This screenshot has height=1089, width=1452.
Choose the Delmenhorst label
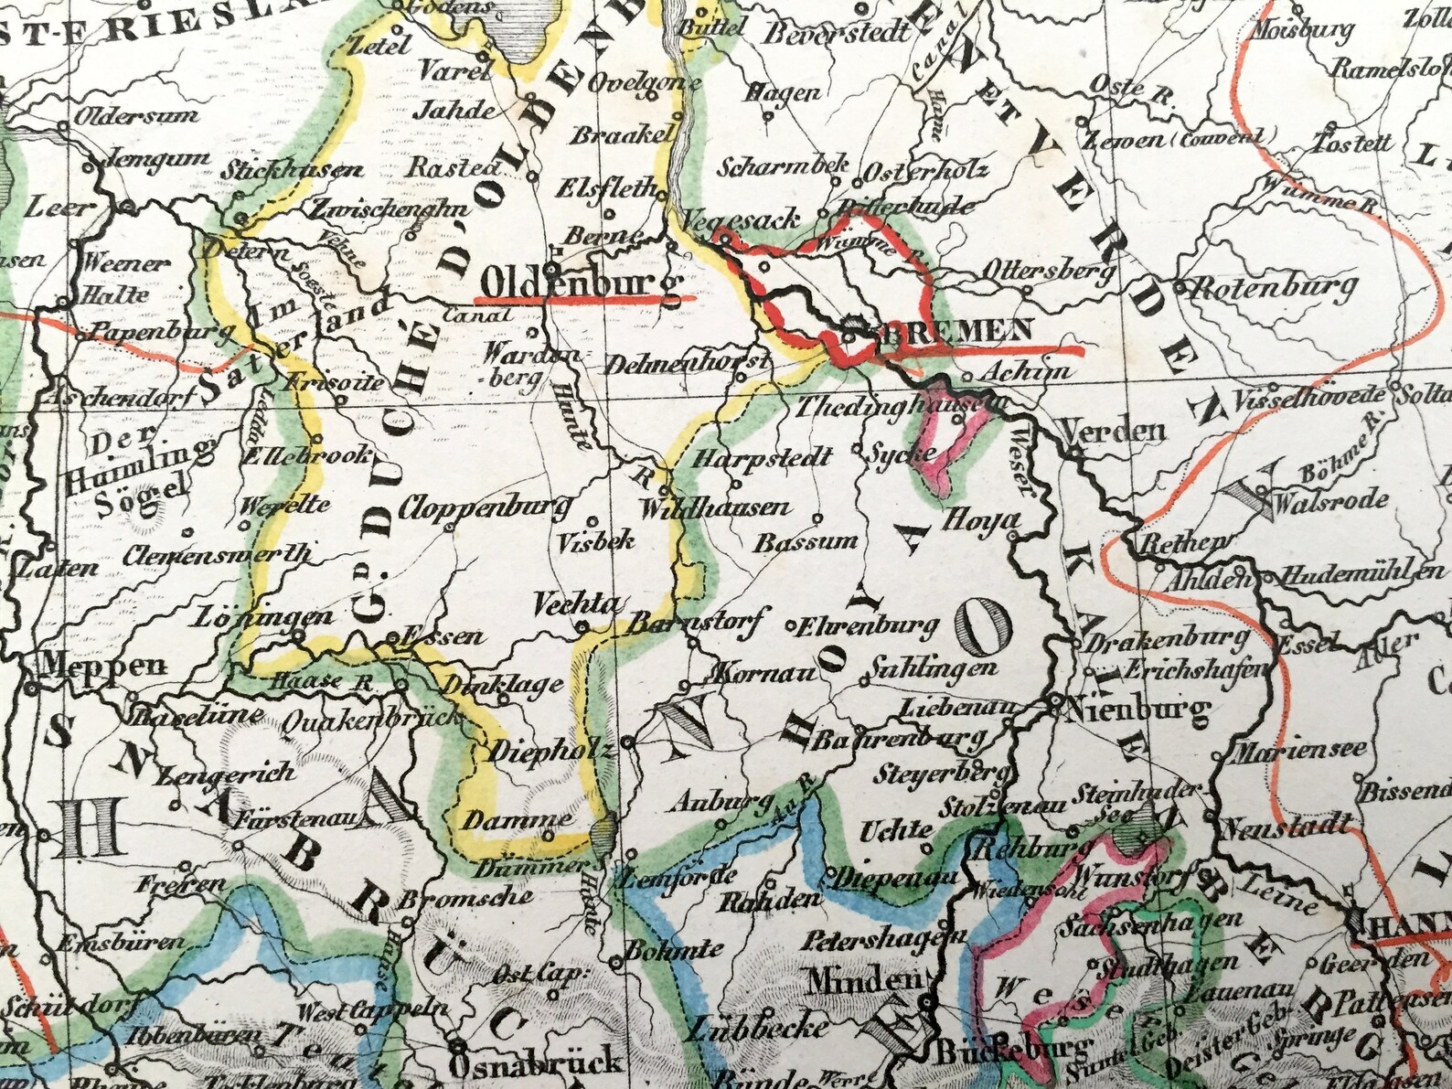click(683, 363)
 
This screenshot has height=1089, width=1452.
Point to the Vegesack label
click(742, 219)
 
